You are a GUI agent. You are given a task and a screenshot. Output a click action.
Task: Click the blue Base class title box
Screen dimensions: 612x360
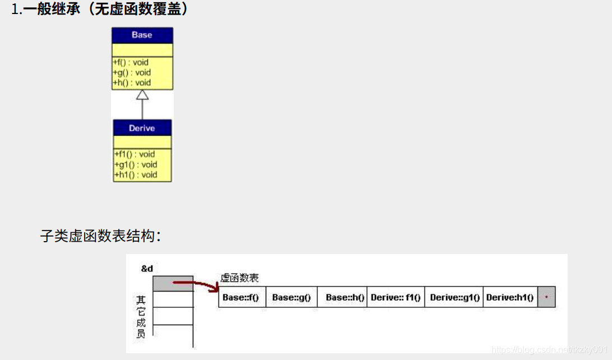click(142, 35)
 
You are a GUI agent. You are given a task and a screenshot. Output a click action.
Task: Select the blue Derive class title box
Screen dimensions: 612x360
click(142, 128)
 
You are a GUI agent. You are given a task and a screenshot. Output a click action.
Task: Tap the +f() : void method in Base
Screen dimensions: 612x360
click(131, 62)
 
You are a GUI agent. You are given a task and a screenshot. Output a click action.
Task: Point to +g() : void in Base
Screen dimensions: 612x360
click(132, 72)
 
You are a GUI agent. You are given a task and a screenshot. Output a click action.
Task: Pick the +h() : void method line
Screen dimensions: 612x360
click(132, 82)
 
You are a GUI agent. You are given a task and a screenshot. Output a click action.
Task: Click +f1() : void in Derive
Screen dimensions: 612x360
click(135, 154)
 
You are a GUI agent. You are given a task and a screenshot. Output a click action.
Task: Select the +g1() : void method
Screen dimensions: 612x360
click(136, 164)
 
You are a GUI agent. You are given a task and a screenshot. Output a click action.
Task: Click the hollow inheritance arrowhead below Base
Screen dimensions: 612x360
click(142, 95)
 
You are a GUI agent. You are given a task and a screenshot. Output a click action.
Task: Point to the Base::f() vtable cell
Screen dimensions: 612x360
click(241, 297)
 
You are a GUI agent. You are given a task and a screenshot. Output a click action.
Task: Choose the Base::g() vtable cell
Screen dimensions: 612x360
click(291, 297)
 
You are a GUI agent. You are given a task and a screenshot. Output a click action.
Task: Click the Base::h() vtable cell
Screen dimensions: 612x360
click(342, 297)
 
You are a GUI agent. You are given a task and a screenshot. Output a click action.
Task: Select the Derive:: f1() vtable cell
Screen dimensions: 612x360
click(396, 297)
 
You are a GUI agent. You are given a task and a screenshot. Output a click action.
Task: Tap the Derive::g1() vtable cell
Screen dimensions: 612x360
click(455, 297)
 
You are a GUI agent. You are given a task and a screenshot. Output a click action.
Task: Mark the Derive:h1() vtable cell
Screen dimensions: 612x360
click(509, 297)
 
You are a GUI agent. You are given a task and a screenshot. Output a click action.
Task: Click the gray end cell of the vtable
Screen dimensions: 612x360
click(546, 297)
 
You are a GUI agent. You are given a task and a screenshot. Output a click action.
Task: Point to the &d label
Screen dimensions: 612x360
click(147, 269)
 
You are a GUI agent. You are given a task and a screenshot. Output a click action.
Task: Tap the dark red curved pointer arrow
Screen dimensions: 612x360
click(196, 284)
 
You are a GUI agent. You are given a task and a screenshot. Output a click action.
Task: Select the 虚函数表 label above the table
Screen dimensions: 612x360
click(239, 278)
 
